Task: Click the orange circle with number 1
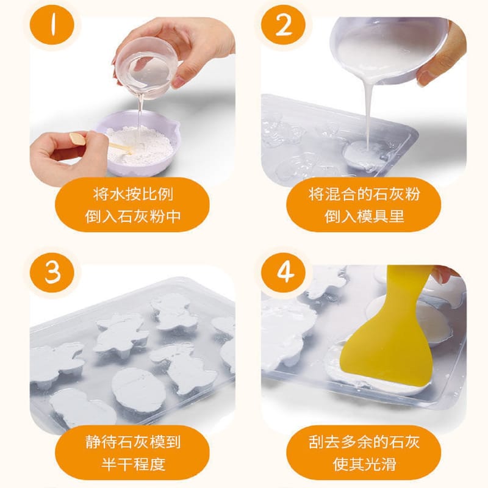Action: tap(52, 25)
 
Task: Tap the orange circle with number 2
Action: tap(284, 25)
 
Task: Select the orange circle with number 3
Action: tap(52, 272)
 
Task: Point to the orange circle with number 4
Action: tap(284, 272)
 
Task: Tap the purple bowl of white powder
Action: tap(137, 143)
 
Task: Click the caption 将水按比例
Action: tap(133, 195)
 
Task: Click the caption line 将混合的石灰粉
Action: tap(364, 195)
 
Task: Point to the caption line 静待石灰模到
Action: tap(133, 442)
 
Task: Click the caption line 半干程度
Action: tap(133, 464)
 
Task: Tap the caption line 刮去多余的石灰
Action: tap(364, 442)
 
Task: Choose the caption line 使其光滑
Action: tap(364, 464)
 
